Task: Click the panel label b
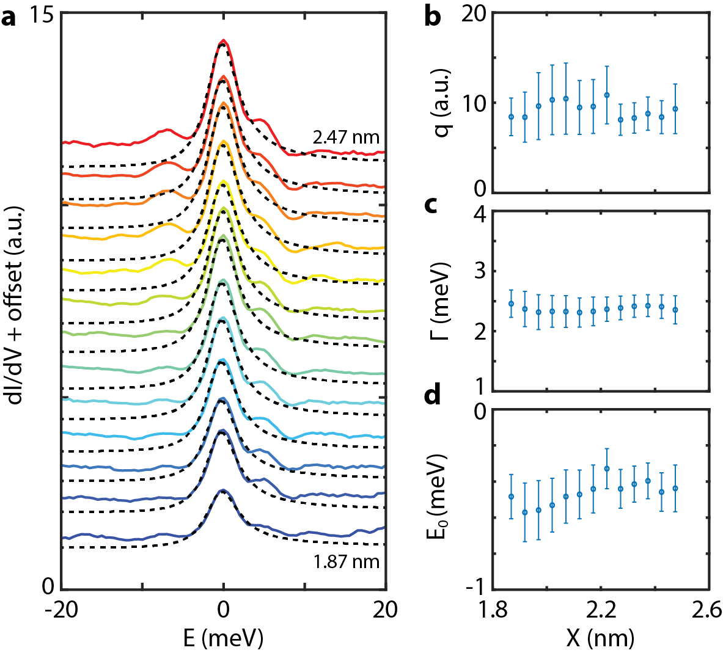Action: (x=432, y=17)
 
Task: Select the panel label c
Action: (x=430, y=205)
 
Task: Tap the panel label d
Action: (x=432, y=395)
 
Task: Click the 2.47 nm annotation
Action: (x=346, y=137)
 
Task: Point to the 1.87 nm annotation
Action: (x=347, y=561)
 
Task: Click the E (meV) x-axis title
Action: (x=224, y=638)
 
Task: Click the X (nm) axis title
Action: (x=601, y=638)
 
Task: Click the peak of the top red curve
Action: (x=224, y=41)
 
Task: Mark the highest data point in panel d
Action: (x=607, y=469)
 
